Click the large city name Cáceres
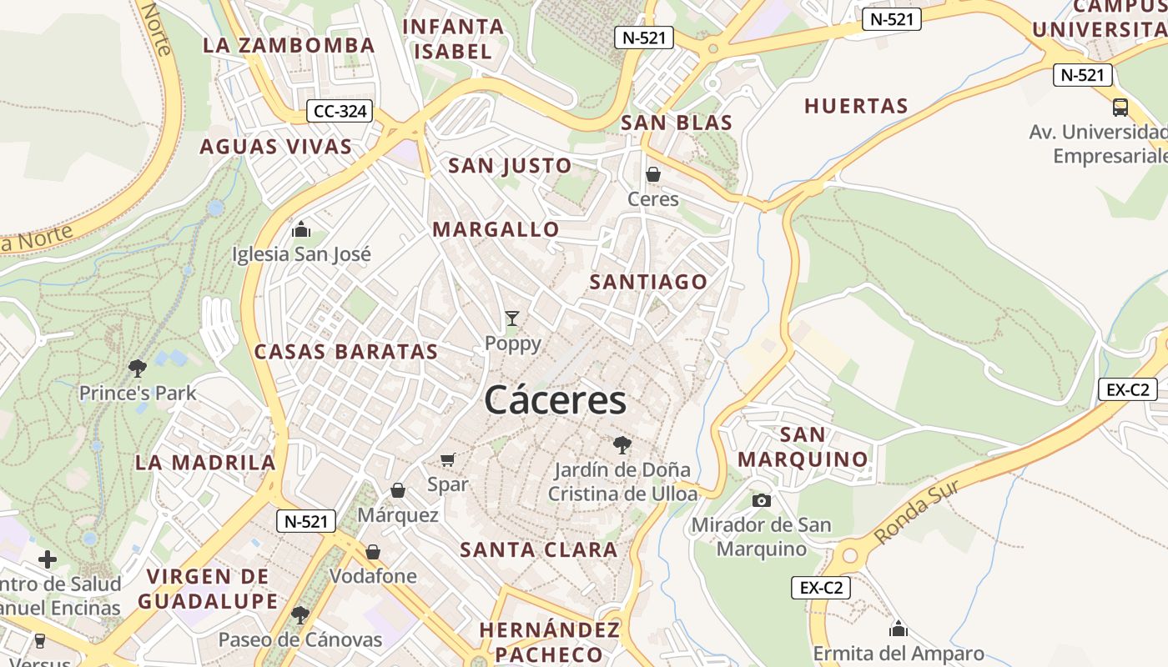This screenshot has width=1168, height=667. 555,400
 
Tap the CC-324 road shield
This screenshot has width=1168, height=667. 340,111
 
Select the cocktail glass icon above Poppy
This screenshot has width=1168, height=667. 512,318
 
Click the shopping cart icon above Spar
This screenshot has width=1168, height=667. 448,459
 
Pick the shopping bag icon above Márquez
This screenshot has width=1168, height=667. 398,490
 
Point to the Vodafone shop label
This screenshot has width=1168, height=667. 373,576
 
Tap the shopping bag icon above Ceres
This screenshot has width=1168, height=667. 653,174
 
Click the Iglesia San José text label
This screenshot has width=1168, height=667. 301,254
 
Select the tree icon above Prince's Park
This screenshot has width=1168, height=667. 138,368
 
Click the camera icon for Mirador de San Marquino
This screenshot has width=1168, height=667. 761,500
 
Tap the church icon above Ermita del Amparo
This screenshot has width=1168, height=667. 899,628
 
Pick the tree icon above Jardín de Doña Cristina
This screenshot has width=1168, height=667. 622,444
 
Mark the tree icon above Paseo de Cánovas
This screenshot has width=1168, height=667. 300,615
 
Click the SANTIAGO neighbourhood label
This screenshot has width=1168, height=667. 648,282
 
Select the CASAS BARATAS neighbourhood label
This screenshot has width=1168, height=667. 346,352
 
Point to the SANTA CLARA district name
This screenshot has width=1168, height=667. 539,550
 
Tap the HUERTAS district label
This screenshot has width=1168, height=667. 856,106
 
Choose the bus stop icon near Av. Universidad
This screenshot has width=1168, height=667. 1120,108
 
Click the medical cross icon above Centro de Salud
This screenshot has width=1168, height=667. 48,559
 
